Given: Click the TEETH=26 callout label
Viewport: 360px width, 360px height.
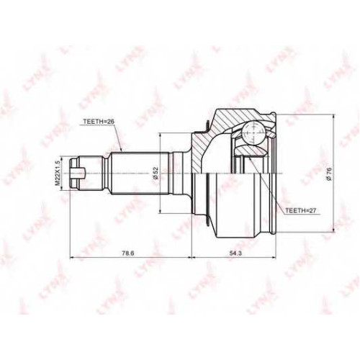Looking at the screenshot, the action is [x=99, y=122].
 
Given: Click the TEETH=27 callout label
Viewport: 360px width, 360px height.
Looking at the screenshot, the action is [x=300, y=211].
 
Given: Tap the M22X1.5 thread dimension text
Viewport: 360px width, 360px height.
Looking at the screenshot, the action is [x=57, y=173].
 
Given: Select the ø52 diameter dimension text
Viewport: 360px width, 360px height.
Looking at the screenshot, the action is [x=156, y=174].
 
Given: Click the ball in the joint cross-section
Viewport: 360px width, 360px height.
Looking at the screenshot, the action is [x=253, y=132].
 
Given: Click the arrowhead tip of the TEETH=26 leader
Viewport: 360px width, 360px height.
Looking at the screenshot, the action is [x=122, y=152].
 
